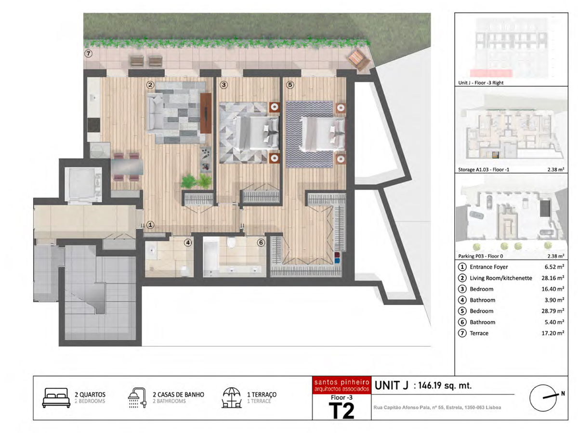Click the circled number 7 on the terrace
click(x=88, y=53)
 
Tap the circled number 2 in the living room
click(x=150, y=85)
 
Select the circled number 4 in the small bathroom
click(x=188, y=242)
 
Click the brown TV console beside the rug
click(x=206, y=113)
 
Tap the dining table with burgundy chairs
click(x=127, y=167)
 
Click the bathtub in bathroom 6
click(x=211, y=256)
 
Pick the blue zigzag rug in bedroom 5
click(x=309, y=134)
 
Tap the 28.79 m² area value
click(x=553, y=311)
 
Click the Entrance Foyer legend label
click(x=489, y=267)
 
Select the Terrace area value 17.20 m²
click(x=553, y=333)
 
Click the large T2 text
click(x=342, y=411)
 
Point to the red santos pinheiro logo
click(x=342, y=385)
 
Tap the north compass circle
click(x=543, y=398)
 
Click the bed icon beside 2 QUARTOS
click(x=56, y=398)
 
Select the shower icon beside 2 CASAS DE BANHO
click(x=137, y=398)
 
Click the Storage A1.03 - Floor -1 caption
click(x=484, y=169)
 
